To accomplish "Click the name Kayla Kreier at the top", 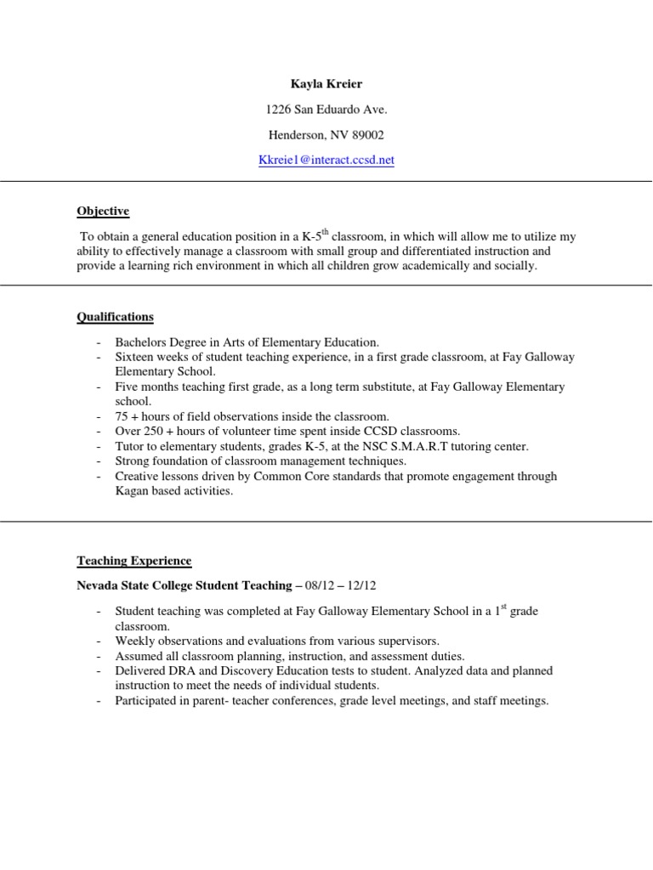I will pyautogui.click(x=326, y=84).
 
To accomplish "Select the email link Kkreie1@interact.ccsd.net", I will pyautogui.click(x=326, y=160).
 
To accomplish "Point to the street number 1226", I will pyautogui.click(x=281, y=110).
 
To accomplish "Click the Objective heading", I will pyautogui.click(x=103, y=211).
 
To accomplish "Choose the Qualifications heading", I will pyautogui.click(x=115, y=317).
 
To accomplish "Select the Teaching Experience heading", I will pyautogui.click(x=133, y=561).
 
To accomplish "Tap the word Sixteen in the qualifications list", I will pyautogui.click(x=135, y=358).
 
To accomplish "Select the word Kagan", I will pyautogui.click(x=132, y=491).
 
